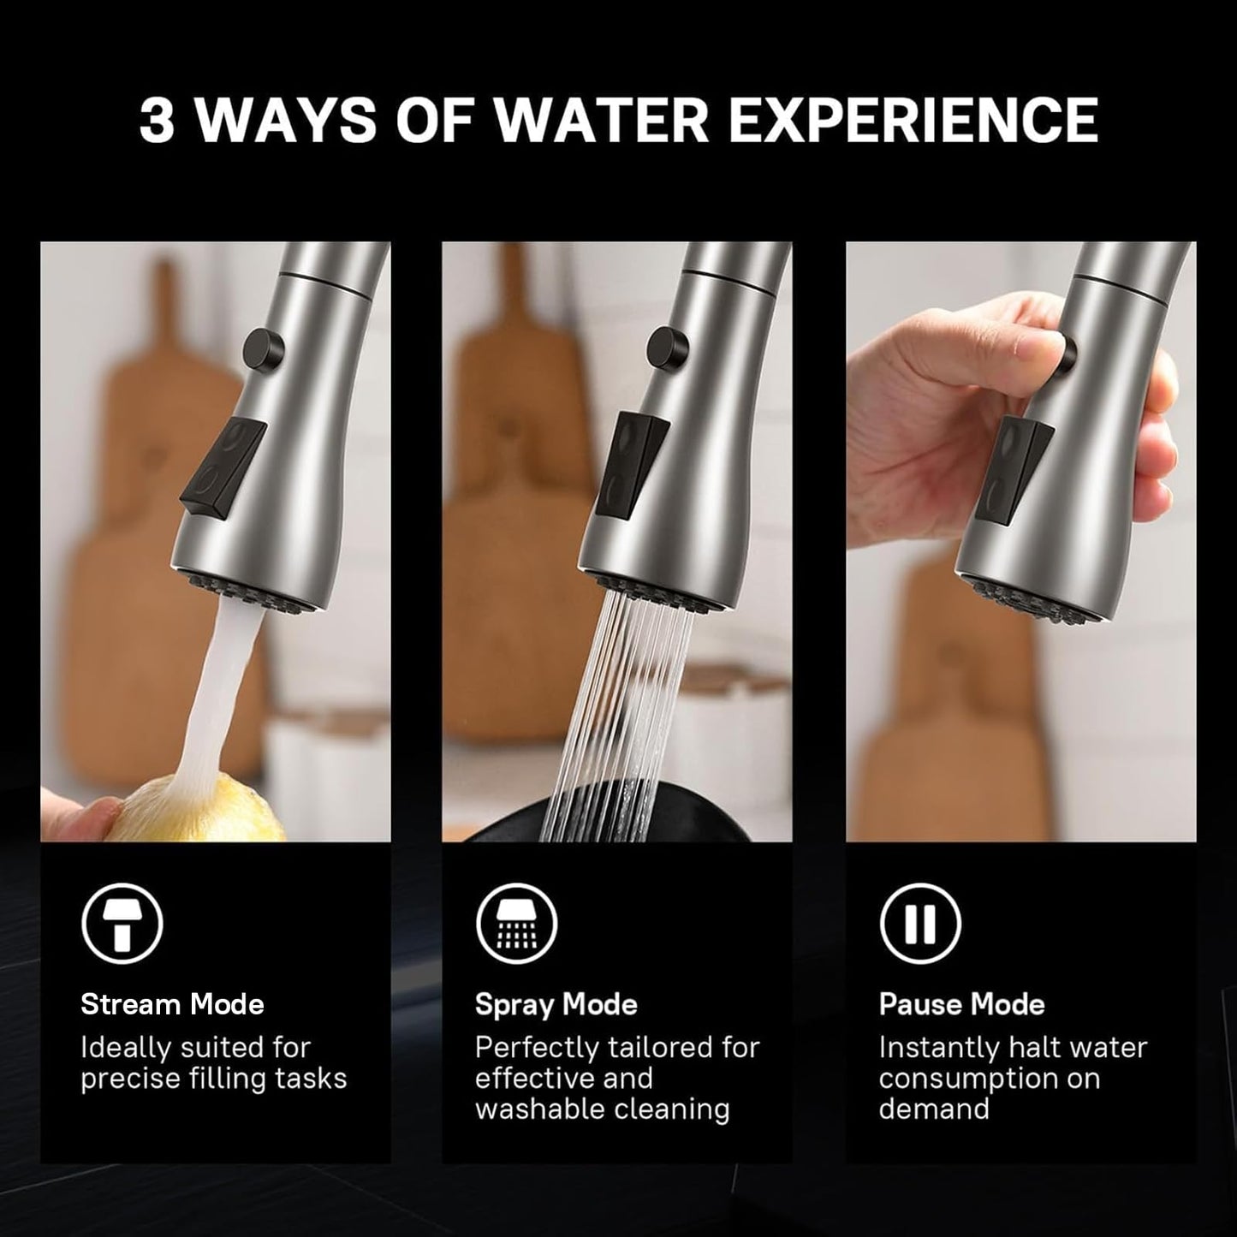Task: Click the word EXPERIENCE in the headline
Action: click(x=913, y=120)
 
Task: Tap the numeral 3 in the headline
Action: click(x=157, y=120)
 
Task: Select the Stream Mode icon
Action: click(x=122, y=924)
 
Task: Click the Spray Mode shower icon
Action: click(x=516, y=924)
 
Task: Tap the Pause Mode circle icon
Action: click(x=920, y=924)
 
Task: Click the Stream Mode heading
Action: click(x=172, y=1003)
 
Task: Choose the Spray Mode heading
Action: click(x=556, y=1003)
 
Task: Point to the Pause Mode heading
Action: click(x=961, y=1003)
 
